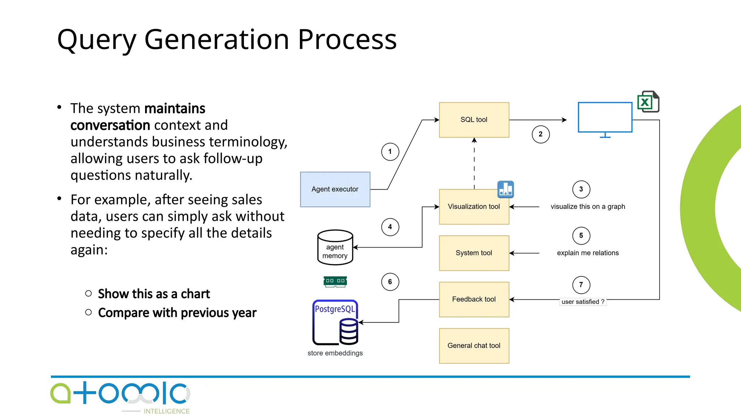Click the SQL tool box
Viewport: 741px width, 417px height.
point(474,120)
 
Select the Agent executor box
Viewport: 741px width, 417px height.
point(335,189)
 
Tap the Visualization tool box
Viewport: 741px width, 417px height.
point(474,207)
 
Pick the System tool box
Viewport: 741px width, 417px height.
point(474,253)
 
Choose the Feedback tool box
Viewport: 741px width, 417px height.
point(474,299)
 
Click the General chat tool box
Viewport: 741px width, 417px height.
point(474,346)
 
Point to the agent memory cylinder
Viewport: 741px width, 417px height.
point(335,248)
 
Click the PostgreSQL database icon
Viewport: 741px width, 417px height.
point(335,323)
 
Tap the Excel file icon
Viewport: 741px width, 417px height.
point(648,102)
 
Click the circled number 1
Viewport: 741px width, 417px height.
point(390,152)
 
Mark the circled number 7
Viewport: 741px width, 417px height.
point(581,285)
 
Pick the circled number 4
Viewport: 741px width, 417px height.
point(390,227)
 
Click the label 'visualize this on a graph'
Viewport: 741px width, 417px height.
point(588,207)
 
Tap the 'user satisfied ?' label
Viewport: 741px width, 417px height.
point(583,302)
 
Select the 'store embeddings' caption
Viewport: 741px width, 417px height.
point(335,353)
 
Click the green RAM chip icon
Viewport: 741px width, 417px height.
point(335,281)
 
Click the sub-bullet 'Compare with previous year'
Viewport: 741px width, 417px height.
point(177,313)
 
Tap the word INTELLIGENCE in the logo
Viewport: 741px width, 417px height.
point(166,411)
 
